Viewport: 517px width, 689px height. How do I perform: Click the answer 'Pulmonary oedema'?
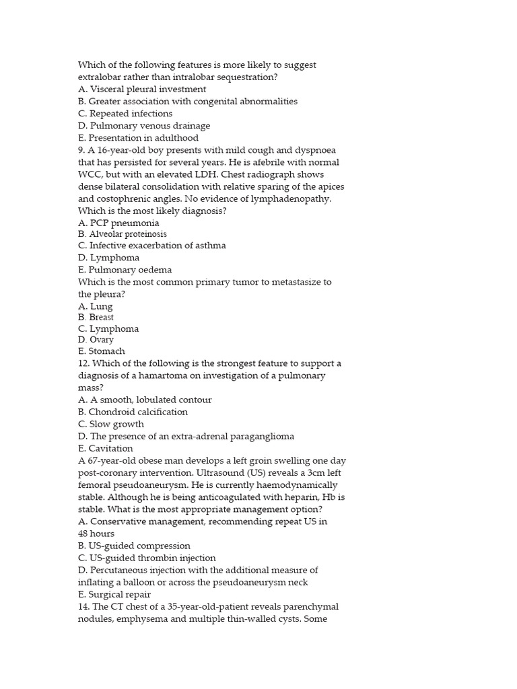click(x=120, y=270)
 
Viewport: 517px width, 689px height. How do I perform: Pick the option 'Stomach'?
click(x=101, y=351)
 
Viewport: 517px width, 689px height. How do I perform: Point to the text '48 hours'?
click(x=96, y=534)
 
